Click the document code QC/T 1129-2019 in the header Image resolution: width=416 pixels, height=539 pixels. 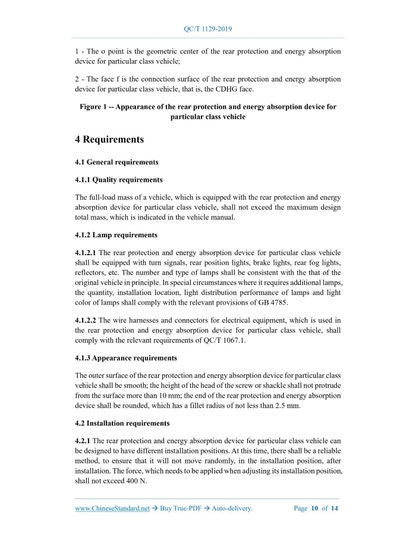tap(208, 29)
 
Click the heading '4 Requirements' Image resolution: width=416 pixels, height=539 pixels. tap(109, 140)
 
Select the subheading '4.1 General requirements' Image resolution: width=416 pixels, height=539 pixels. tap(116, 162)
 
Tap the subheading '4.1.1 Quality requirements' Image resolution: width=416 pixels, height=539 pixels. tap(118, 180)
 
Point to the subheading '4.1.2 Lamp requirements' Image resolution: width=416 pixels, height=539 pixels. tap(116, 235)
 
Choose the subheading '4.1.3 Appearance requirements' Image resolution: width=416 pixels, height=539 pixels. tap(125, 358)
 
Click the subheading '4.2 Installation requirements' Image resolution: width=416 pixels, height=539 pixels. tap(122, 424)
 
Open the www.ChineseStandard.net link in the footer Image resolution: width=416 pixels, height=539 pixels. tap(112, 509)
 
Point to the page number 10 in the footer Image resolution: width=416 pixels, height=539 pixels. tap(315, 509)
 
